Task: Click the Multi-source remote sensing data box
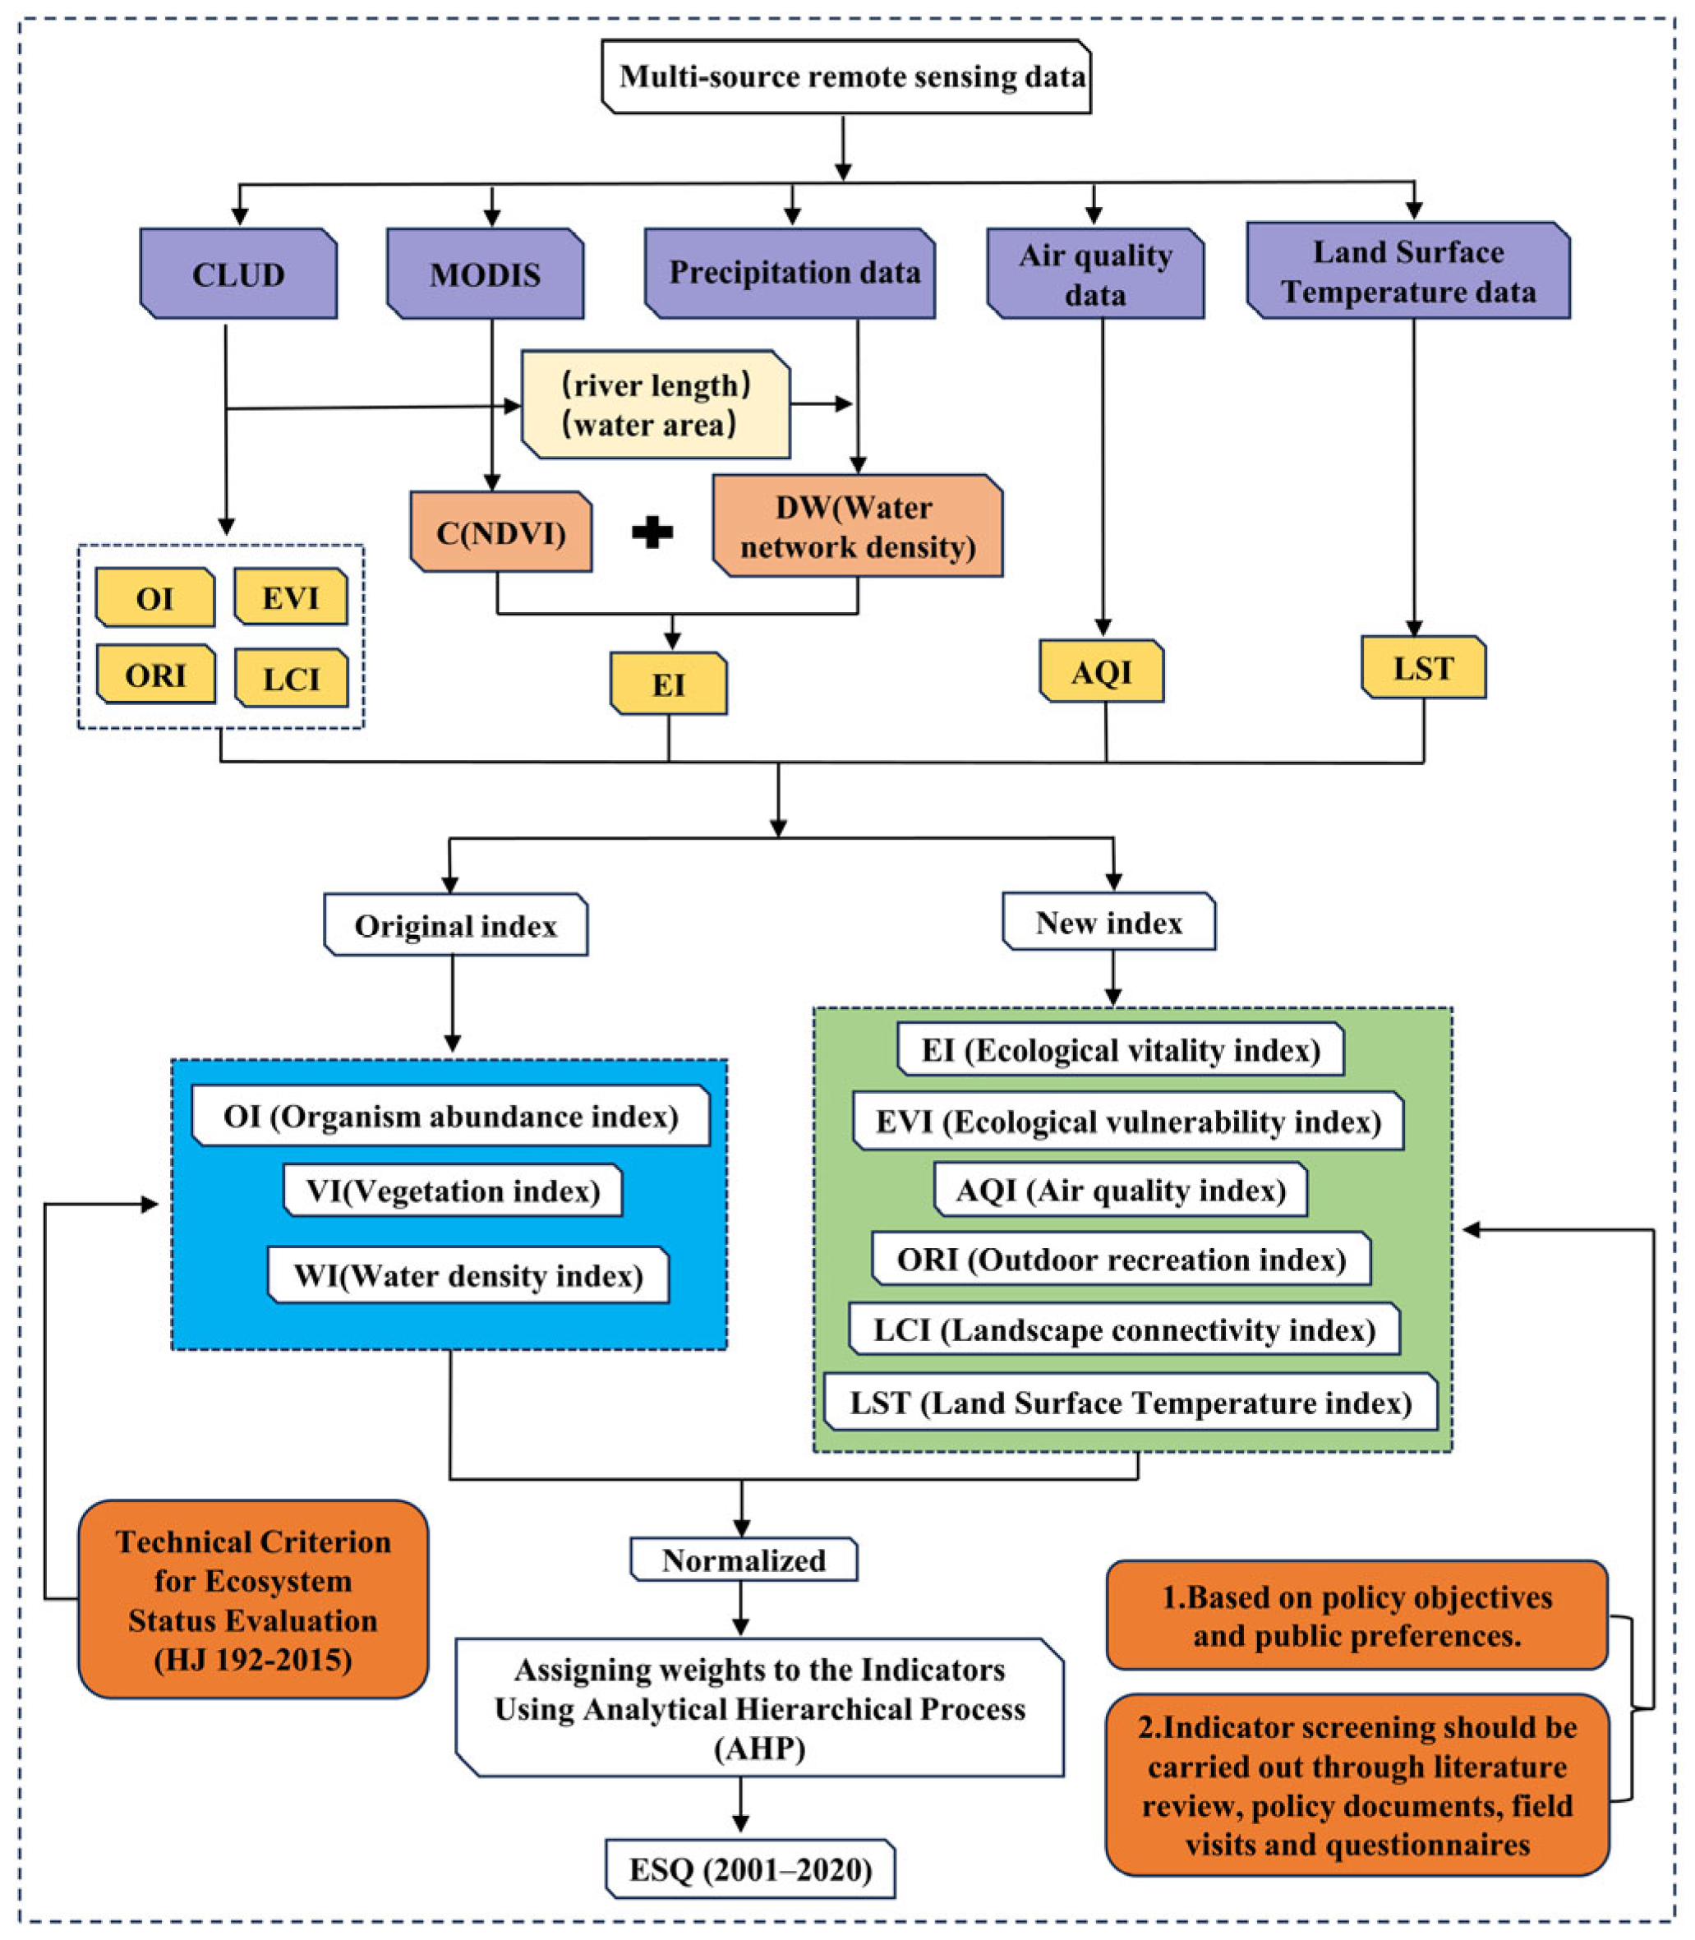click(846, 76)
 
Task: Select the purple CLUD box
click(238, 274)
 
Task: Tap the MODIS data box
click(486, 274)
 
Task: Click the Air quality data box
click(1095, 274)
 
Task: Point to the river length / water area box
click(656, 405)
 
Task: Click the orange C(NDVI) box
click(501, 532)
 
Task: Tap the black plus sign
click(652, 532)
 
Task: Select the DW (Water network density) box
click(857, 526)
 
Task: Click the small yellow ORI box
click(156, 675)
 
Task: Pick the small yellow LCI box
click(292, 678)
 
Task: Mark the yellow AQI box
click(1101, 671)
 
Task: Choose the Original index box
click(456, 925)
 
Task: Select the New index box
click(1108, 921)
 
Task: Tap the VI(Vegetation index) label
click(453, 1190)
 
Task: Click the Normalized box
click(744, 1560)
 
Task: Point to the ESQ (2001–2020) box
click(750, 1869)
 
